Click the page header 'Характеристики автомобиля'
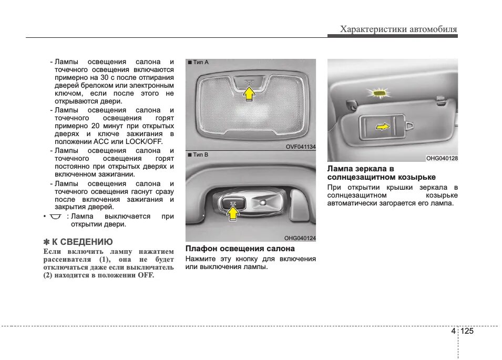[x=398, y=29]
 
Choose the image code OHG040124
[x=300, y=238]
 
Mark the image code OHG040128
[x=442, y=158]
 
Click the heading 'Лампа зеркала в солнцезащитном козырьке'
[x=381, y=173]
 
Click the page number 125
[x=467, y=331]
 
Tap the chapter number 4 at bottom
[x=453, y=331]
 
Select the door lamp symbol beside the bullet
[x=56, y=217]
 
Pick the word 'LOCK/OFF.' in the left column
[x=144, y=142]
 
